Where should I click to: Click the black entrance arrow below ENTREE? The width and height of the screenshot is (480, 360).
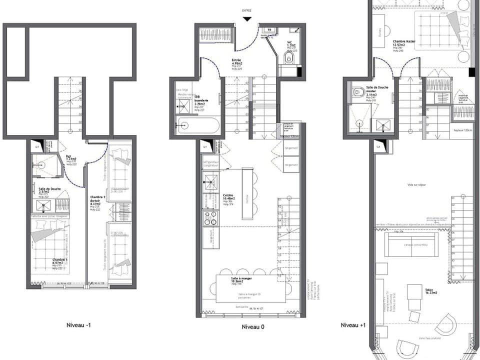point(246,18)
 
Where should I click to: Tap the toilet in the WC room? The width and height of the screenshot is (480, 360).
point(287,59)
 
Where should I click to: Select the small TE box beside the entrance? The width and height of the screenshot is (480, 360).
point(269,29)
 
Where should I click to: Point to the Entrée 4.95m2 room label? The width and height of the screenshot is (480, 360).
point(236,62)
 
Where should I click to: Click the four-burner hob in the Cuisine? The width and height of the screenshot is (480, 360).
point(210,217)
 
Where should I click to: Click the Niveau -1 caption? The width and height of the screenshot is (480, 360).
point(78,325)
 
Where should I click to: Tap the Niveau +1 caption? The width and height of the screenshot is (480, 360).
point(354,325)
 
